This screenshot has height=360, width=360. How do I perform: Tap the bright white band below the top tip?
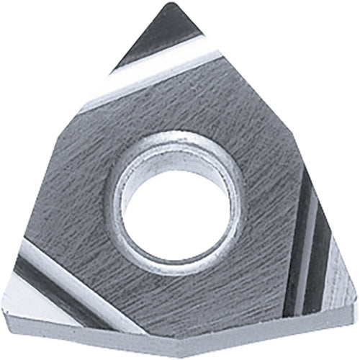tap(158, 73)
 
